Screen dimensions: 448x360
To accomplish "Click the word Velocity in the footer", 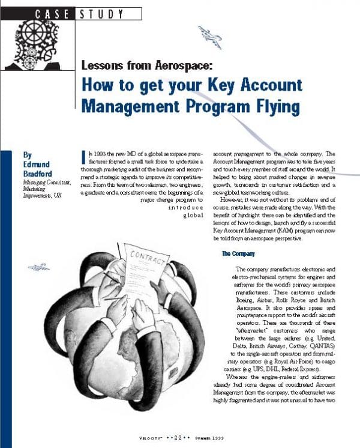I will (x=146, y=438).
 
